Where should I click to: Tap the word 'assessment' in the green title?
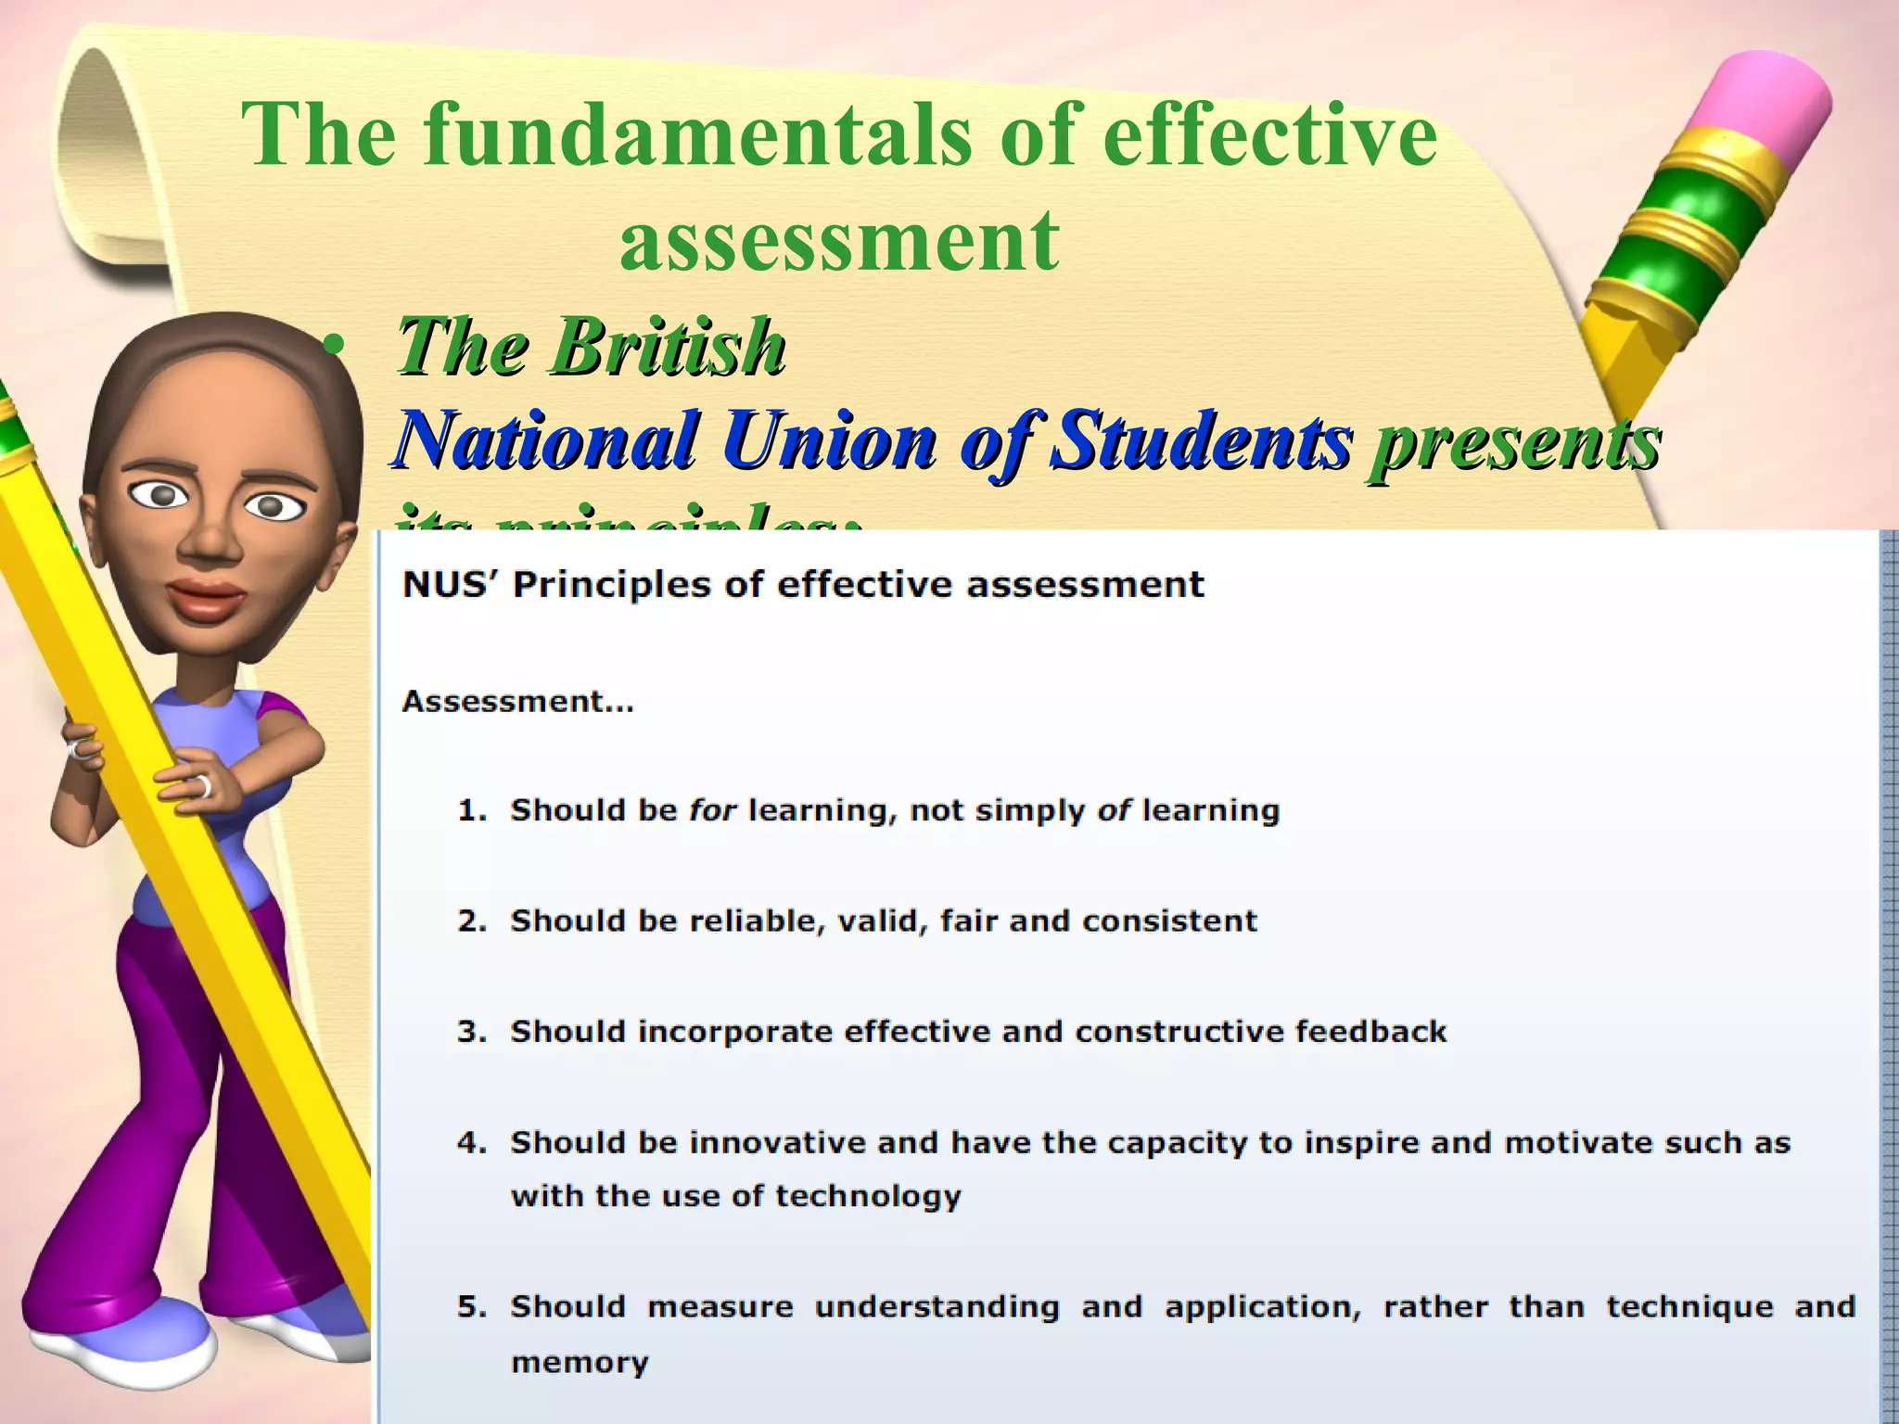coord(839,240)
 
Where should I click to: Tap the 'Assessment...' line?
coord(517,702)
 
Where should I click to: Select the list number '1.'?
coord(472,811)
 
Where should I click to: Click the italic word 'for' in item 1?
coord(712,811)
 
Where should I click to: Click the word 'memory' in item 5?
coord(579,1363)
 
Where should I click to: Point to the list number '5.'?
coord(472,1307)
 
